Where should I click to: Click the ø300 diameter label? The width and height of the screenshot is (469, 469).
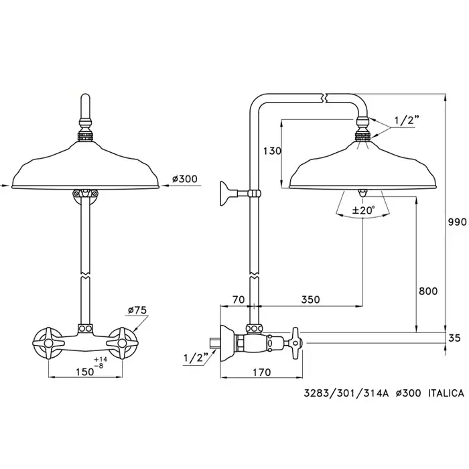coord(184,179)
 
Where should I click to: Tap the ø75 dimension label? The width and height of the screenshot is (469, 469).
coord(137,310)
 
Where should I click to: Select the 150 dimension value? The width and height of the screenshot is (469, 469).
coord(84,372)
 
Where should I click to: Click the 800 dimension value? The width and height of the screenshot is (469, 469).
coord(428,291)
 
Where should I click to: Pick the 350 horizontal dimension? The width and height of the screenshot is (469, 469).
coord(310,299)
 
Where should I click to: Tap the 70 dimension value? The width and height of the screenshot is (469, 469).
coord(239,299)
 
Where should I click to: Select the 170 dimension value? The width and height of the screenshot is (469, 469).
coord(262,372)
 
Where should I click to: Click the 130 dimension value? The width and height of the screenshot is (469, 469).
coord(272,151)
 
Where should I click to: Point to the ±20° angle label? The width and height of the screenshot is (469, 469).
coord(363,210)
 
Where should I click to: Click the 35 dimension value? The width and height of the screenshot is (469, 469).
coord(455,338)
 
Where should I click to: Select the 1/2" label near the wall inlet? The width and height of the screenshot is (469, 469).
coord(196,357)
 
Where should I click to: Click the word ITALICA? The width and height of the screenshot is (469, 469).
coord(446,393)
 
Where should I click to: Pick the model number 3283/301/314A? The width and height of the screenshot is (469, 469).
coord(346,393)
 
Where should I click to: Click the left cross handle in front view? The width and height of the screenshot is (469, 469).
coord(48,343)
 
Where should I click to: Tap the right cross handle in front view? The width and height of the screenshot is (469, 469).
coord(122,343)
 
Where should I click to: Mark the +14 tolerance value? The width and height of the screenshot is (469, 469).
coord(100,359)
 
